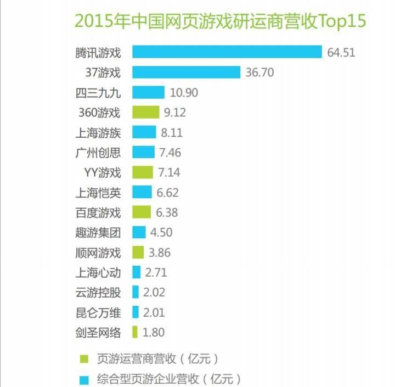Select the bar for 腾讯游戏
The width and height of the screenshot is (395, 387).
227,52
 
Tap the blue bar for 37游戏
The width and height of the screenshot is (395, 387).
186,72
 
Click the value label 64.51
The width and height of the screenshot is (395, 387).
341,53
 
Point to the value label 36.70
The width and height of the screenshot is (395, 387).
259,72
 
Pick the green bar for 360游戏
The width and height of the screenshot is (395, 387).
145,113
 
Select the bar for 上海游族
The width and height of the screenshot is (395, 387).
144,132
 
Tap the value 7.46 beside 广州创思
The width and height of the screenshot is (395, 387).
170,153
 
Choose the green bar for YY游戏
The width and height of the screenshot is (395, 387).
143,172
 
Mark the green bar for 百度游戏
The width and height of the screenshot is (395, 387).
142,212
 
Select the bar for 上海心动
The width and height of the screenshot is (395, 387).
136,272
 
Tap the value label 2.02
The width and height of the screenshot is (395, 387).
154,293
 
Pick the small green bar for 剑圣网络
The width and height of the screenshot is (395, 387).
134,332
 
